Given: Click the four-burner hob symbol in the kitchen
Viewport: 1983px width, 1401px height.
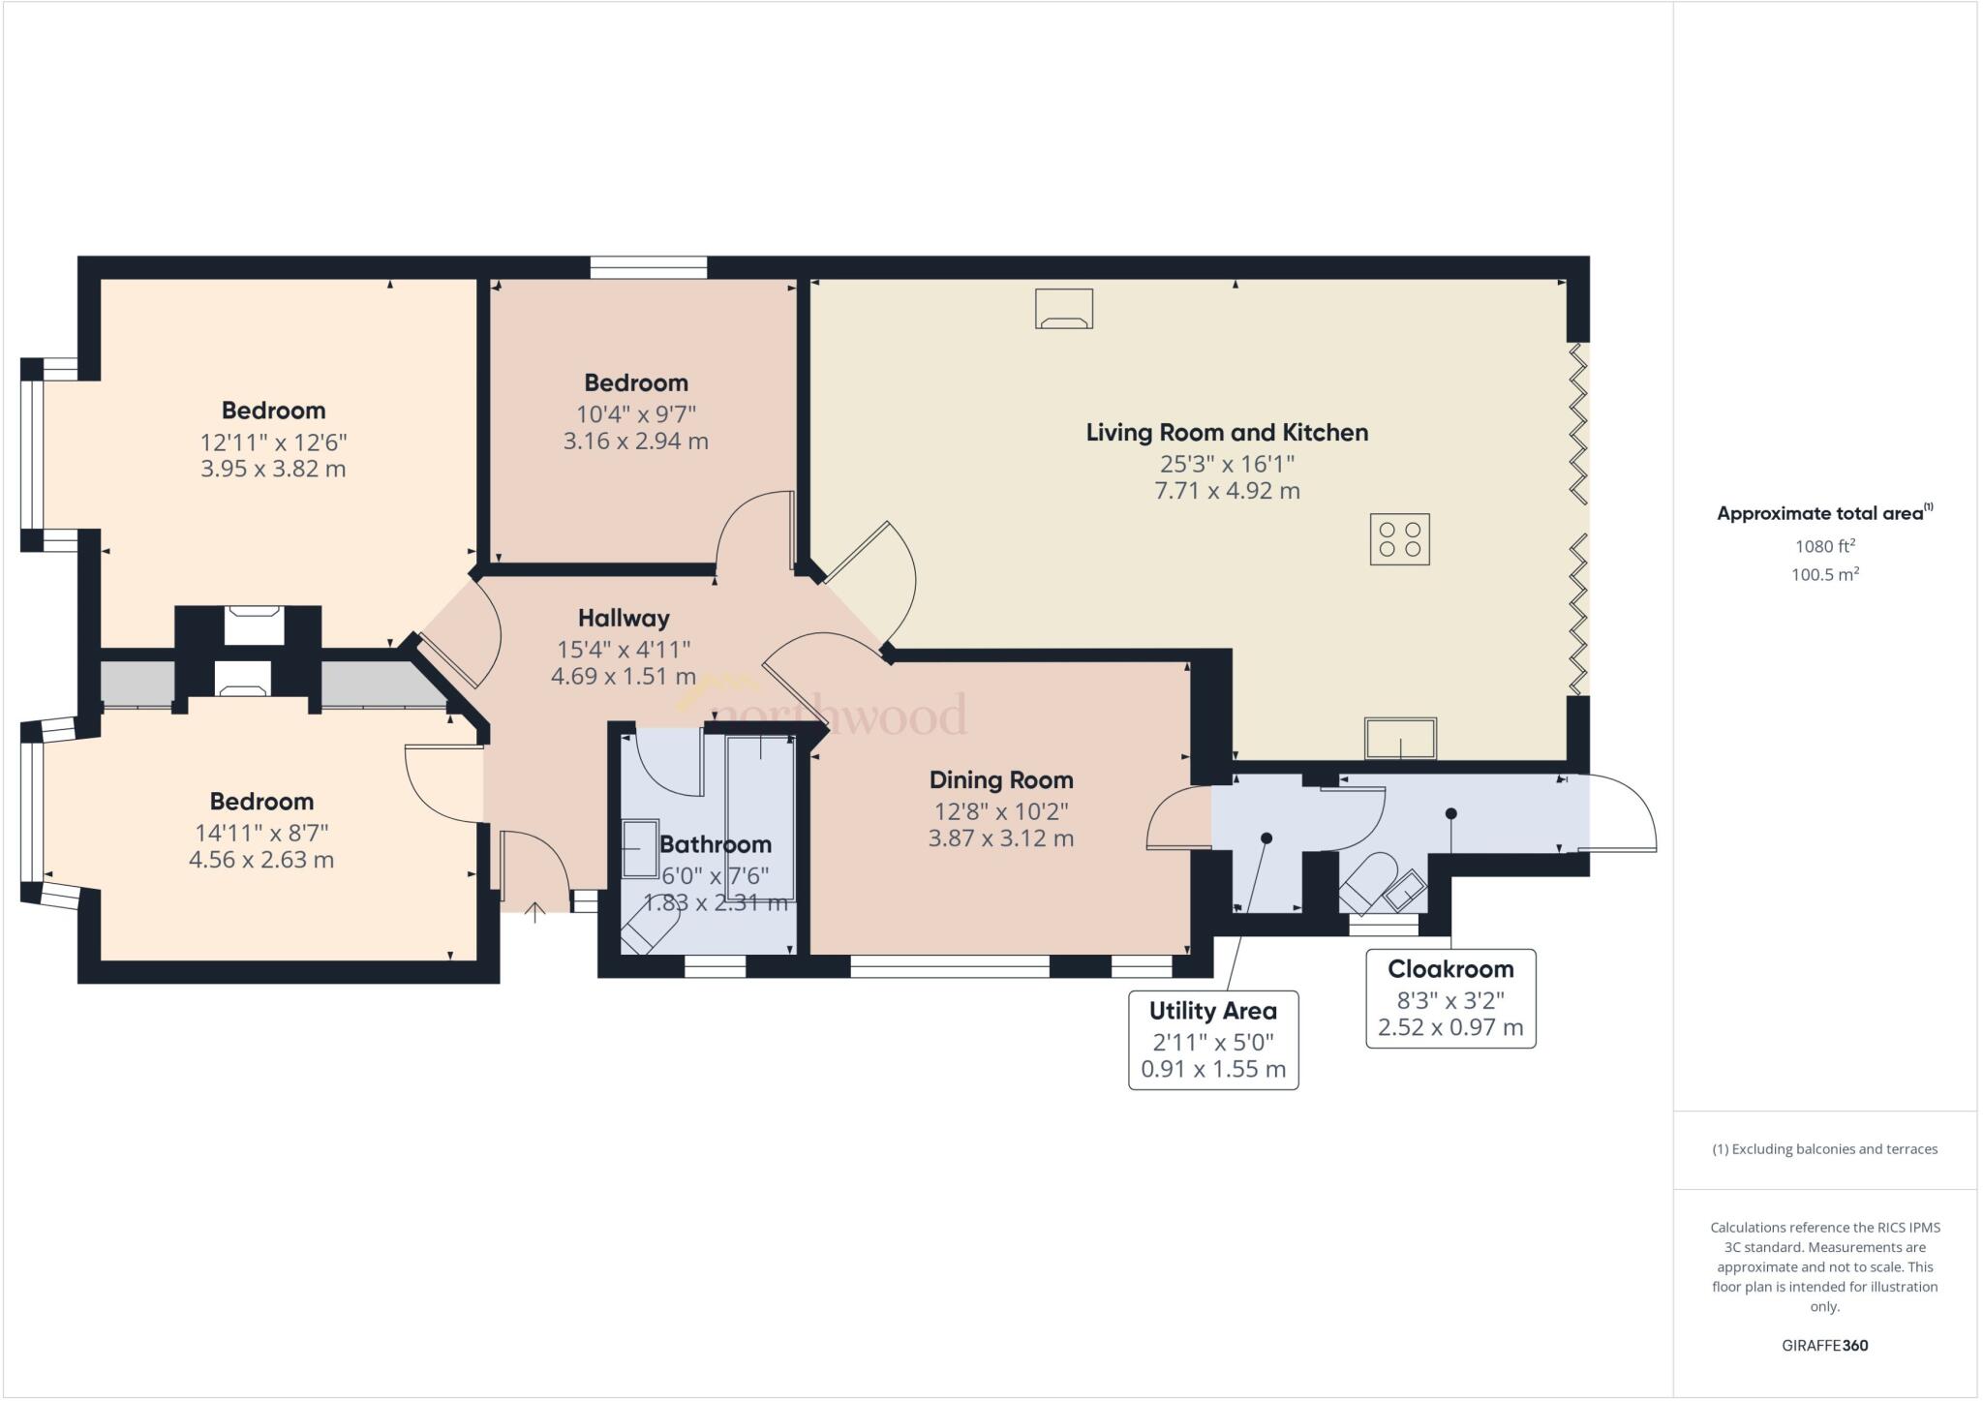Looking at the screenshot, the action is [x=1399, y=539].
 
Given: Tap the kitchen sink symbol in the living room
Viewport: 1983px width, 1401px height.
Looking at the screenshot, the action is [x=1400, y=738].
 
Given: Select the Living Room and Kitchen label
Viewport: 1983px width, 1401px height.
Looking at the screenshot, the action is [x=1227, y=433].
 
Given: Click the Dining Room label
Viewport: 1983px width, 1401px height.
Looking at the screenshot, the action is [x=1001, y=779].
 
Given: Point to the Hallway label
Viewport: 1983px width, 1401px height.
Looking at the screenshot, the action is [x=624, y=618].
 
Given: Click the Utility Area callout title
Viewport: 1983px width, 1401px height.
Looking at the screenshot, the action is [x=1213, y=1011].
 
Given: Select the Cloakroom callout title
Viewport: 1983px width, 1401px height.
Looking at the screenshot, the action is [x=1450, y=969].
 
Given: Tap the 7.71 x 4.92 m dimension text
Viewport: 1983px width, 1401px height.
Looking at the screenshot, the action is [x=1227, y=491].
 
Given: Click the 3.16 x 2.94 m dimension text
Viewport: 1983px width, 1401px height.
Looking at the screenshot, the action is [x=636, y=442].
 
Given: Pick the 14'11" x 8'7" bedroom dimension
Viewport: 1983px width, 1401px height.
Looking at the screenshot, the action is [x=261, y=833].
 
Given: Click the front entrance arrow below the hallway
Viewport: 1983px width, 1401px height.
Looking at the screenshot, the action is [x=534, y=911].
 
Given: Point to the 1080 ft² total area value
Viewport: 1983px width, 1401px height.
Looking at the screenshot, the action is [x=1824, y=545].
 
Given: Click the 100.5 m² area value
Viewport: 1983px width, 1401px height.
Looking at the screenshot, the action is [x=1824, y=574].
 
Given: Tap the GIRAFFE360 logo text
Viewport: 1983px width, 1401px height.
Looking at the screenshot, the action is [x=1824, y=1345].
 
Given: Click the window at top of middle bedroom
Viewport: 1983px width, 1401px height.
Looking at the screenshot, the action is [x=649, y=267].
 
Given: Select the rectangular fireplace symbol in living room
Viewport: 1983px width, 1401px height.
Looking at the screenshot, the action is [x=1064, y=309].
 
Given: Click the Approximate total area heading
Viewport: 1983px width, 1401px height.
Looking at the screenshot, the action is [x=1824, y=513].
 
